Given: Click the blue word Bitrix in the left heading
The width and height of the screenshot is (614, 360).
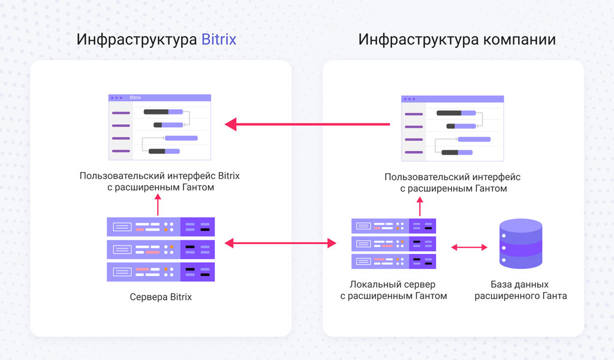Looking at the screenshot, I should click(x=218, y=40).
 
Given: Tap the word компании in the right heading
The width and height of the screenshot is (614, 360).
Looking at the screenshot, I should click(x=519, y=40).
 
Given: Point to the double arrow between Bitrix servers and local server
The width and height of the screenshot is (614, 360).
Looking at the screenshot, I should click(x=280, y=243).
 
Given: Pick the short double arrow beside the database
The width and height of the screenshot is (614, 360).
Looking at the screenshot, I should click(x=469, y=246).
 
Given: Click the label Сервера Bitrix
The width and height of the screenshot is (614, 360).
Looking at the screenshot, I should click(x=161, y=297).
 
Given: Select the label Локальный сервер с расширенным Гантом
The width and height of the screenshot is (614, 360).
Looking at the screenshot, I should click(x=393, y=290).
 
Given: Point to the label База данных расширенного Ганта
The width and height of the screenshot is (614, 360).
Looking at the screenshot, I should click(x=520, y=290).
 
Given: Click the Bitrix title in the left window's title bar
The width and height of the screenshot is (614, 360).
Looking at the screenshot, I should click(x=135, y=97).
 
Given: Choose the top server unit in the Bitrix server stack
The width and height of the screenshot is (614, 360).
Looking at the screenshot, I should click(x=161, y=226).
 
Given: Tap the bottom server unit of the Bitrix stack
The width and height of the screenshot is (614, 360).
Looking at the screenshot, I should click(x=161, y=272).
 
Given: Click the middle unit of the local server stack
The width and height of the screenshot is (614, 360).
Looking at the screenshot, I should click(x=393, y=244).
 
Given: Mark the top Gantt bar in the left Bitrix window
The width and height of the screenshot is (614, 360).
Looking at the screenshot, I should click(x=163, y=112).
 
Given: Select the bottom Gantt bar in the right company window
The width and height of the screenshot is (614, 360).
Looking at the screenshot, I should click(x=458, y=152).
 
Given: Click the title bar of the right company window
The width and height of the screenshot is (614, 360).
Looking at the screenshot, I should click(x=453, y=98).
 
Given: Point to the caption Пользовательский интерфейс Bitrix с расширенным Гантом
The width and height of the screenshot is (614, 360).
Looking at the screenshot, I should click(x=159, y=182).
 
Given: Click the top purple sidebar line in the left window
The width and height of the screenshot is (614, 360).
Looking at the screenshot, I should click(x=121, y=112).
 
